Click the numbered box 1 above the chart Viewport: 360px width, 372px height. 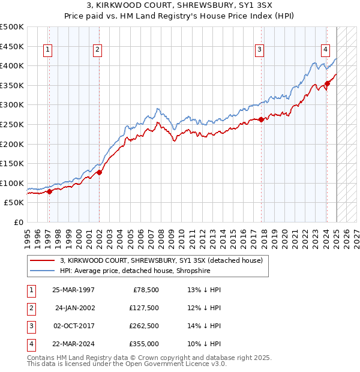(47, 50)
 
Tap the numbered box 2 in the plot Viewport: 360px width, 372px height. (97, 50)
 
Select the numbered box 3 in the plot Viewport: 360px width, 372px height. (259, 50)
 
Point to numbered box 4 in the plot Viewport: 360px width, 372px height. (325, 50)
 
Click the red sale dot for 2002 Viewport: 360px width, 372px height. (100, 172)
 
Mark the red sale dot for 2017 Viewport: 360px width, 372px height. (262, 119)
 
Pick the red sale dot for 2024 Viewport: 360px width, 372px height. (327, 83)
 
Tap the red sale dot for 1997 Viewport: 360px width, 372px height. (50, 191)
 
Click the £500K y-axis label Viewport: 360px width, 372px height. (12, 27)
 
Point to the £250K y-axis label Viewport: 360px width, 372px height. (12, 125)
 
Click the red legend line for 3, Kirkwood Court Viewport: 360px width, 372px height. (42, 261)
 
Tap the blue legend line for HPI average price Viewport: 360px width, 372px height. (42, 271)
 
